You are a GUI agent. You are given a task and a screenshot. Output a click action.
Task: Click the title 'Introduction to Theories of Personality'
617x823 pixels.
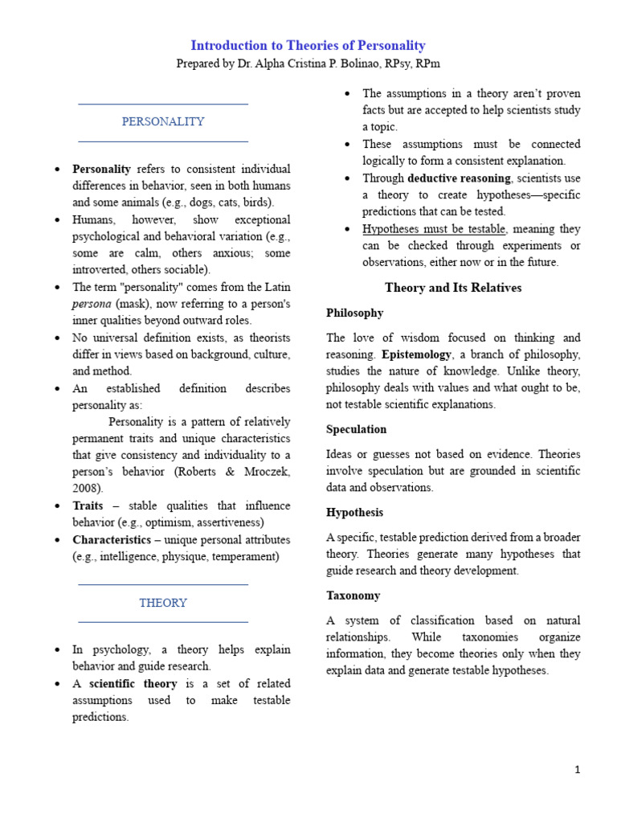(x=308, y=46)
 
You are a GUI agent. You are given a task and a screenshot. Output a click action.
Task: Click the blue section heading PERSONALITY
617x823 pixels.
(x=163, y=121)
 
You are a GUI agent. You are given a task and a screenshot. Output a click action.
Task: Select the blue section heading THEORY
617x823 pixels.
(x=163, y=603)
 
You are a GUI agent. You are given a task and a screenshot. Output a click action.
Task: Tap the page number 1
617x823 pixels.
(x=577, y=769)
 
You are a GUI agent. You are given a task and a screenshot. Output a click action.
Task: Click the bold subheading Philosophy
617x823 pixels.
(x=354, y=313)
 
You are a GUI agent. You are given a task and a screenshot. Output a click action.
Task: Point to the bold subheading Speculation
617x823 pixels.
(x=356, y=429)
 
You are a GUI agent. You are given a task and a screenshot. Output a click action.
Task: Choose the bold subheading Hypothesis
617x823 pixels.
(x=354, y=512)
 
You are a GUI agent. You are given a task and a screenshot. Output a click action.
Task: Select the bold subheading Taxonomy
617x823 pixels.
(x=353, y=596)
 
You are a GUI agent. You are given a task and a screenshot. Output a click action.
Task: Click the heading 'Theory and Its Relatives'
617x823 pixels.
(x=453, y=288)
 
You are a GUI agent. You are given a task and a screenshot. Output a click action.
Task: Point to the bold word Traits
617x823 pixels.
(x=88, y=506)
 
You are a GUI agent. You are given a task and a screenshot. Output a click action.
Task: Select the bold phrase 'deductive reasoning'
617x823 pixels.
(x=459, y=178)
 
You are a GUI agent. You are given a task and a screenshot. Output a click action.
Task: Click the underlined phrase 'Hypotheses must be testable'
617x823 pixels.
(x=434, y=229)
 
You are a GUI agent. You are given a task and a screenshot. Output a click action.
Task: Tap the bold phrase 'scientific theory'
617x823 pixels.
(x=133, y=684)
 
